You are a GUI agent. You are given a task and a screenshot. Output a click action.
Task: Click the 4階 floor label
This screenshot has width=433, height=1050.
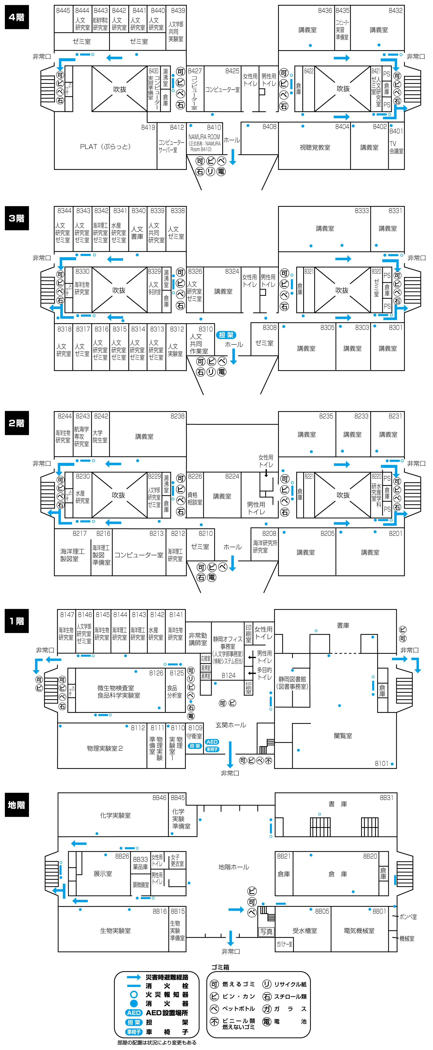pos(17,17)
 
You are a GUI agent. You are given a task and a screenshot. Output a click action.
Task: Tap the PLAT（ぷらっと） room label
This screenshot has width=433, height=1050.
pos(105,147)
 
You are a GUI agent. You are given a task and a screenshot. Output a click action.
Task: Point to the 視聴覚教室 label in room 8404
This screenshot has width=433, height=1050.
pos(315,148)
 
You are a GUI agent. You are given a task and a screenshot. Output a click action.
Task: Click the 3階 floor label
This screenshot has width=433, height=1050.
pos(17,218)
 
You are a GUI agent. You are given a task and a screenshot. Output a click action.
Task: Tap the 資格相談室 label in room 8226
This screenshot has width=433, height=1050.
pos(195,498)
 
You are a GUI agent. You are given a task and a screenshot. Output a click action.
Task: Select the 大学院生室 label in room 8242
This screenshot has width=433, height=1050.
pos(100,436)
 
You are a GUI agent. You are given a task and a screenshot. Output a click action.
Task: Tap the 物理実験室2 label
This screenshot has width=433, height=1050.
pos(105,748)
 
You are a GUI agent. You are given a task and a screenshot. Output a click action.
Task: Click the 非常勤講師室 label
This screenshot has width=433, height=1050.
pos(198,639)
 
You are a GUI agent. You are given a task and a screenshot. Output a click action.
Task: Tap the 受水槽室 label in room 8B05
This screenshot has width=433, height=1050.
pos(305,931)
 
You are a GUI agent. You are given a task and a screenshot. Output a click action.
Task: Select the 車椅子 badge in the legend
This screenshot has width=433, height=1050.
pos(134,1032)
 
